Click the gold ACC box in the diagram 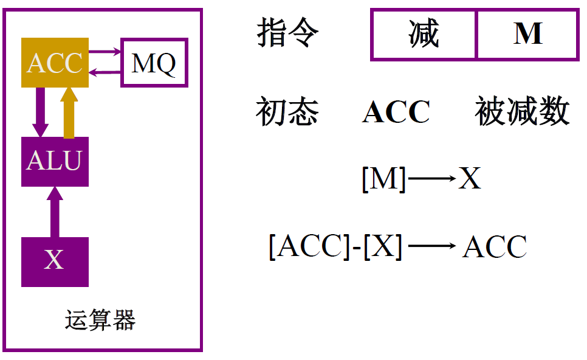coord(55,63)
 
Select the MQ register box coord(154,63)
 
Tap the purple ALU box coord(55,161)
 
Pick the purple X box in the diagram coord(55,261)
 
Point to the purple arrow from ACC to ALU coord(40,112)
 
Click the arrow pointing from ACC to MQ coord(105,52)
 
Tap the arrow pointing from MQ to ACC coord(105,73)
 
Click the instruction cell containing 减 coord(424,35)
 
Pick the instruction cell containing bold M coord(527,35)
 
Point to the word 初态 coord(287,111)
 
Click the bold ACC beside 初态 coord(396,112)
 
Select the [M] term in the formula coord(383,179)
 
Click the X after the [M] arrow coord(469,179)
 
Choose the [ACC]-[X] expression coord(335,247)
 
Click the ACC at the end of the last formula coord(494,247)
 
